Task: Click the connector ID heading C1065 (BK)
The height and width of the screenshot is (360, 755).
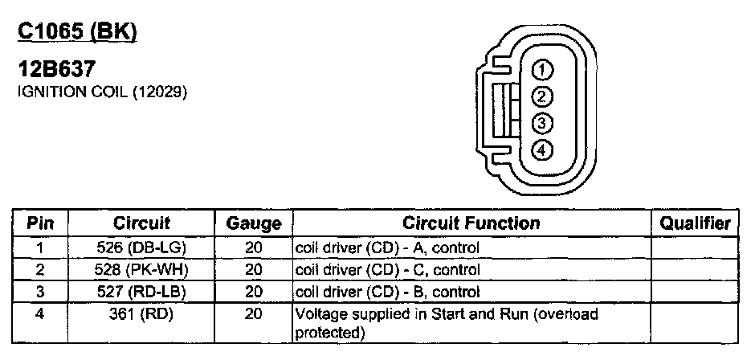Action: coord(77,32)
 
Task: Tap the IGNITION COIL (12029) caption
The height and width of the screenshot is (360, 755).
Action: coord(102,93)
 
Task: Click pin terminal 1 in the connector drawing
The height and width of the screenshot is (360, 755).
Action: coord(542,69)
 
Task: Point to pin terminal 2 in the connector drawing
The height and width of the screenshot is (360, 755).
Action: coord(542,96)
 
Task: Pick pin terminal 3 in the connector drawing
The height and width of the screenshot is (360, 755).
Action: coord(542,123)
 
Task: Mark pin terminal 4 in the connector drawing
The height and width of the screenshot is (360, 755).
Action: coord(542,149)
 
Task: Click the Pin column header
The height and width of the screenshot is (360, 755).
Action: coord(40,223)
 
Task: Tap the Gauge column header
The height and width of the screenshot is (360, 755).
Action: coord(253,223)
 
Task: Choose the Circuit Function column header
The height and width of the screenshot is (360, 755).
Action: coord(471,223)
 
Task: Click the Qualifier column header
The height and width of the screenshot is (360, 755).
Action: coord(695,223)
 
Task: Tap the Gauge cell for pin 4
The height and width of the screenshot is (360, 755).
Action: coord(253,313)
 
